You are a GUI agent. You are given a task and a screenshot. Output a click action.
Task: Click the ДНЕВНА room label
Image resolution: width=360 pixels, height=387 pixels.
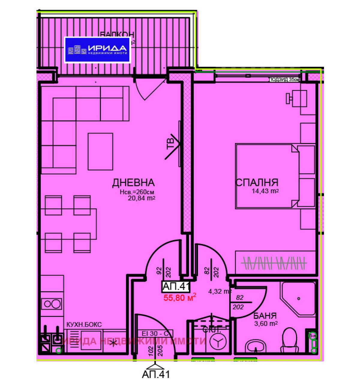tap(133, 182)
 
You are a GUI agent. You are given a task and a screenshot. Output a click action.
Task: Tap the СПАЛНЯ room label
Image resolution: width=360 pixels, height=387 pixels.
tap(257, 182)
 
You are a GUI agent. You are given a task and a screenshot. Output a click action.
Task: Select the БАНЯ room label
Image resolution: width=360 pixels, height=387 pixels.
tap(265, 316)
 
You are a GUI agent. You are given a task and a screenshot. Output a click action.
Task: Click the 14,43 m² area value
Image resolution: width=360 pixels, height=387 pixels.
tap(265, 191)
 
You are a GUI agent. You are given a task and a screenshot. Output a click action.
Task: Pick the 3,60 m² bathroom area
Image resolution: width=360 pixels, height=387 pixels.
tap(266, 324)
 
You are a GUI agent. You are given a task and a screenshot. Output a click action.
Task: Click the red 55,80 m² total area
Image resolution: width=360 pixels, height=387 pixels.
tap(180, 297)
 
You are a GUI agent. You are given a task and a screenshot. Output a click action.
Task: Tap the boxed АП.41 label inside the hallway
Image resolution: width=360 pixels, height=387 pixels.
tap(176, 286)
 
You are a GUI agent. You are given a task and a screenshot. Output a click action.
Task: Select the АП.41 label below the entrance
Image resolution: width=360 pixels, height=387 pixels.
tap(156, 374)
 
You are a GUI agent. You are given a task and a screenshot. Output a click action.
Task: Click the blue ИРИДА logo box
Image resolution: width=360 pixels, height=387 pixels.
tap(97, 50)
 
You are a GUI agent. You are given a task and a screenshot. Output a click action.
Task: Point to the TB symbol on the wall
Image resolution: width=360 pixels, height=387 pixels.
tap(171, 143)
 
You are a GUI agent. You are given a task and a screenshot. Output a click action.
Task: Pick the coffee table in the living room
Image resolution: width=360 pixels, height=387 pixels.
tap(100, 152)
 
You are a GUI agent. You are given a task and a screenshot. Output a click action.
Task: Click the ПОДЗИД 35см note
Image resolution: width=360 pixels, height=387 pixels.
tap(284, 79)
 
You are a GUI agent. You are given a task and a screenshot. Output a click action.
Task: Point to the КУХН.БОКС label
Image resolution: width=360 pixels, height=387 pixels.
tap(84, 325)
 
